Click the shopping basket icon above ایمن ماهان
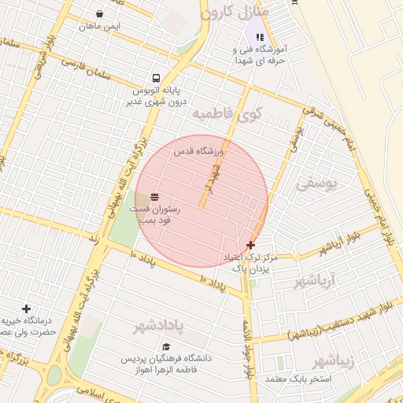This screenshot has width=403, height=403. click(x=99, y=13)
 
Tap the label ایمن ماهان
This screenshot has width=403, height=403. click(x=99, y=27)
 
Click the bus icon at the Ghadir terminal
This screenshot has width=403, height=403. click(x=156, y=78)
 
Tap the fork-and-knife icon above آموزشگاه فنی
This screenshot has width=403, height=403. click(x=260, y=36)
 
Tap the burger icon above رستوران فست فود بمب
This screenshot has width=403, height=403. click(x=153, y=196)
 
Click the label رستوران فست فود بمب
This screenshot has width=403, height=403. click(x=159, y=215)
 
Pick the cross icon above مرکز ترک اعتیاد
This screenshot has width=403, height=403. click(x=250, y=245)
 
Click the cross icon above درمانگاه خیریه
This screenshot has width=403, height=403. click(x=26, y=309)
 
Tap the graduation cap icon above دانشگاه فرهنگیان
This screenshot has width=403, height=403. click(x=166, y=346)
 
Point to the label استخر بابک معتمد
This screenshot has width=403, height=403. click(x=299, y=379)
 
